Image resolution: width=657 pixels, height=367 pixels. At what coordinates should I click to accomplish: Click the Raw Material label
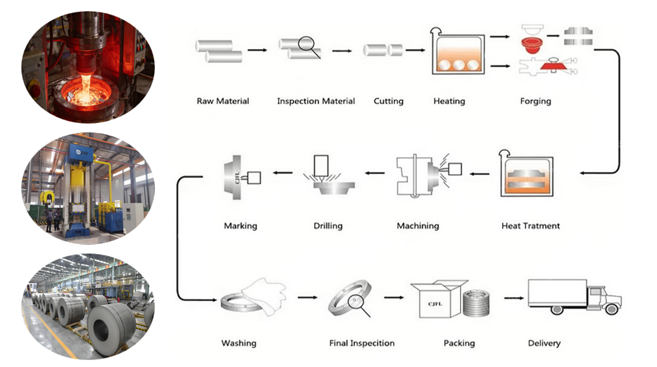coord(223,101)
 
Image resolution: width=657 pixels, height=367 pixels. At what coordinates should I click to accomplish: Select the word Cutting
coord(388,101)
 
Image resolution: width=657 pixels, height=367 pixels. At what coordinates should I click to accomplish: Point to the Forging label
coord(535,101)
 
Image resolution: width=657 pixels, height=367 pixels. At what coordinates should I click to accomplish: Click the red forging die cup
coord(532,45)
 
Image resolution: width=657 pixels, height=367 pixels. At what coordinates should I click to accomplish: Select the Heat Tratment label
coord(531,226)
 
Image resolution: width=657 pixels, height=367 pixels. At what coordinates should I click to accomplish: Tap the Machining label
coord(418,226)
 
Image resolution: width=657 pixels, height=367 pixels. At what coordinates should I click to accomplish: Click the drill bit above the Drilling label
coord(321,166)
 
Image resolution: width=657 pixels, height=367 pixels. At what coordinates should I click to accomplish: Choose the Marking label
coord(241,226)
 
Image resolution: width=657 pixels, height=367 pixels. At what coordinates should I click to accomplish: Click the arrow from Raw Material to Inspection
coord(257,50)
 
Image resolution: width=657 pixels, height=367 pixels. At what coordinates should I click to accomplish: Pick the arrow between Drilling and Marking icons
coord(283,172)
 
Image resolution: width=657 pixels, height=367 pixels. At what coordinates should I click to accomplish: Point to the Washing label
coord(239,344)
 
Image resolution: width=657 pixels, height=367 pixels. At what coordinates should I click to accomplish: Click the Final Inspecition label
coord(362,344)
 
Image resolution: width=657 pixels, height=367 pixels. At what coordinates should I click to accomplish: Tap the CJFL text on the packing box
coord(435,304)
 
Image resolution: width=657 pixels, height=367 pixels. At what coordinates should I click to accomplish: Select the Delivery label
coord(544,344)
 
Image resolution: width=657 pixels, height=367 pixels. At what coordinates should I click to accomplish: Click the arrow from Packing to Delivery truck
coord(514,298)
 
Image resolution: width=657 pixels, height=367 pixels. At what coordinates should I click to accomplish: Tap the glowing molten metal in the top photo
coord(85,90)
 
